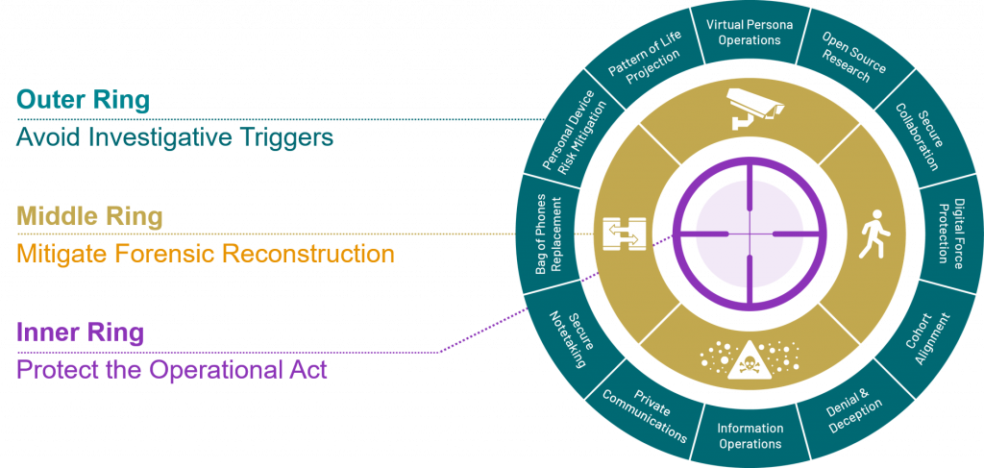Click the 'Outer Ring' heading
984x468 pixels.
pyautogui.click(x=83, y=100)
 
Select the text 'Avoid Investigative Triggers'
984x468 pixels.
pyautogui.click(x=175, y=137)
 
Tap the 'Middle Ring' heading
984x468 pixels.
pyautogui.click(x=89, y=217)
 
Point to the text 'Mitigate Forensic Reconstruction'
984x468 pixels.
pyautogui.click(x=206, y=255)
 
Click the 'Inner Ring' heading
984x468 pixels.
pyautogui.click(x=80, y=333)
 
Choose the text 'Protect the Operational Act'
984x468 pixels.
pyautogui.click(x=172, y=370)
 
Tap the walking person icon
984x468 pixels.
pyautogui.click(x=872, y=234)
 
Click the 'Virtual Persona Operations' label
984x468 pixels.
pyautogui.click(x=750, y=32)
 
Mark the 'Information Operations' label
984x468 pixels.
pyautogui.click(x=750, y=436)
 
